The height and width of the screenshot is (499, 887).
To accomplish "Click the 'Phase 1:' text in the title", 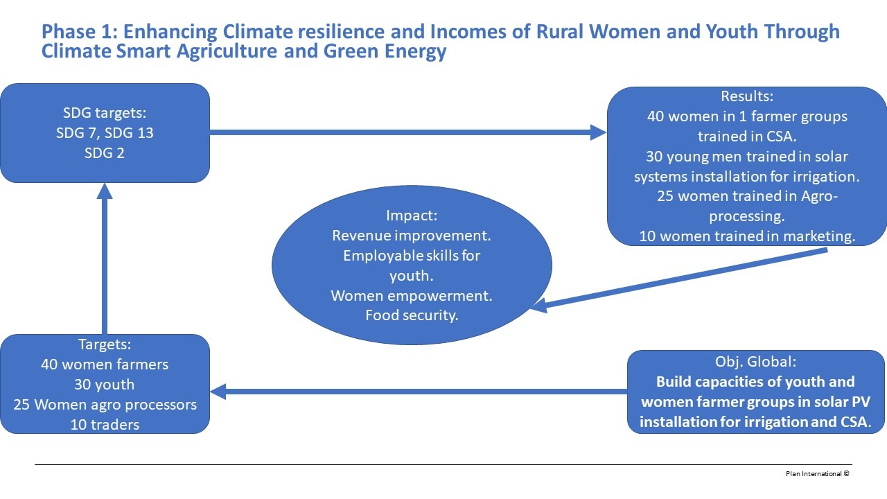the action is point(80,32).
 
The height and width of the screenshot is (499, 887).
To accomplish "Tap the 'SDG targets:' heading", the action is point(105,113).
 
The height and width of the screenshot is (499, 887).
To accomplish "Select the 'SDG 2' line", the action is point(105,153).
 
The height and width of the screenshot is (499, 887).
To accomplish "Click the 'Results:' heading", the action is point(747,96).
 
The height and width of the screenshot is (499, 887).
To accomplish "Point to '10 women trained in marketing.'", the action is point(747,236).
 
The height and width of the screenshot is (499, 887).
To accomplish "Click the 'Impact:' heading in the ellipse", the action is point(412,216).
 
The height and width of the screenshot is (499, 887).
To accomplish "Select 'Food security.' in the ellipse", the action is point(412,315).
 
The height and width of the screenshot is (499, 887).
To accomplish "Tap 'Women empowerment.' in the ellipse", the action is point(412,296).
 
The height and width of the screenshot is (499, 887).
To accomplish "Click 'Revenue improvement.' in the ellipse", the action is point(412,236).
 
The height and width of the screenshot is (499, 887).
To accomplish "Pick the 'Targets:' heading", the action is point(105,344).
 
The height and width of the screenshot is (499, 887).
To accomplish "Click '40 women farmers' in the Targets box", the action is point(105,365).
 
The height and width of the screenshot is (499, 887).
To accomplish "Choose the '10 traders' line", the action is point(105,425).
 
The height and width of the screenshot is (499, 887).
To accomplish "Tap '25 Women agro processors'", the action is point(105,405).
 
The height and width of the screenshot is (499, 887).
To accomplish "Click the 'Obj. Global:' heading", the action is point(755,362).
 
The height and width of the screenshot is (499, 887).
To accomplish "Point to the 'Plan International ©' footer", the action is point(817,473).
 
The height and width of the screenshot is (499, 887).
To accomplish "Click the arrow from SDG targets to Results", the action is point(408,132).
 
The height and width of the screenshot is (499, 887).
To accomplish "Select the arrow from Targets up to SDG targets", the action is point(105,259).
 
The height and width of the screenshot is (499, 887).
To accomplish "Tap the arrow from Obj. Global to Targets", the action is point(419,392).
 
